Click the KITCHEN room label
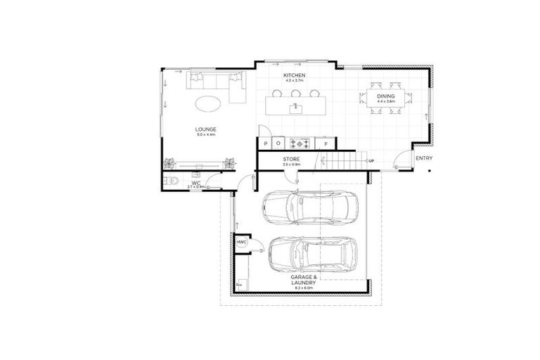point(293,75)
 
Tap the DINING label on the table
point(386,96)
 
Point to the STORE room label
point(291,160)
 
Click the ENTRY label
point(423,158)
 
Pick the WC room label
point(197,183)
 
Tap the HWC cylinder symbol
point(241,243)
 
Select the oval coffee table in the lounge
point(210,104)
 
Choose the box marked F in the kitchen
point(326,143)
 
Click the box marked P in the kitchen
point(265,143)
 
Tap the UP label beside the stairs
point(371,161)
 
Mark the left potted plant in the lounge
point(169,163)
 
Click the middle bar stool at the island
point(295,93)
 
